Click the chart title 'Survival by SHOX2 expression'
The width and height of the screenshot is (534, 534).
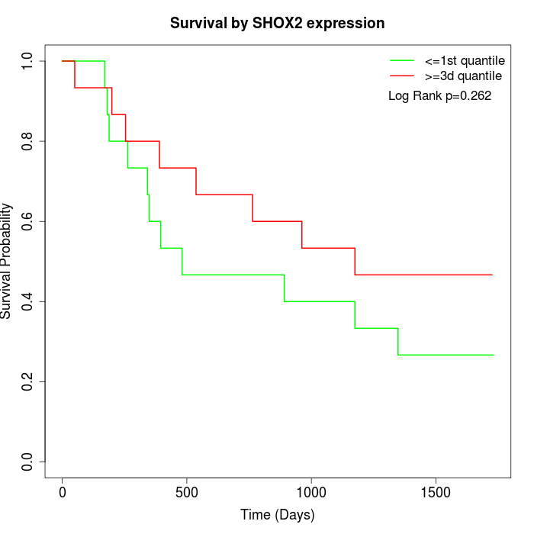(x=277, y=24)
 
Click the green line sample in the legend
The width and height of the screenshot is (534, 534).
(x=401, y=60)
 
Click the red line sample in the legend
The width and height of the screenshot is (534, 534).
(x=401, y=76)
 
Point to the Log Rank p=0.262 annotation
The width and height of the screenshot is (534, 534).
(x=439, y=96)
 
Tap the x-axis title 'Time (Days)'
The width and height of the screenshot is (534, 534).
(x=277, y=515)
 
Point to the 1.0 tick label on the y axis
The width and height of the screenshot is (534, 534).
(x=28, y=61)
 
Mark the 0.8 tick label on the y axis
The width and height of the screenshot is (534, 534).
(x=28, y=141)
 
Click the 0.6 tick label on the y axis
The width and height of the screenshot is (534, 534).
(x=28, y=221)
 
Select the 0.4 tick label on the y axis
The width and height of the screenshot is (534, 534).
(x=28, y=301)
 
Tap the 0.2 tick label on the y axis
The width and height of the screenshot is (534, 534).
(x=28, y=381)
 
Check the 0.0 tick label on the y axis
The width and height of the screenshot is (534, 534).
(x=28, y=462)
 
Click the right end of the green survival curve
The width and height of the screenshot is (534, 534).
(x=493, y=355)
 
